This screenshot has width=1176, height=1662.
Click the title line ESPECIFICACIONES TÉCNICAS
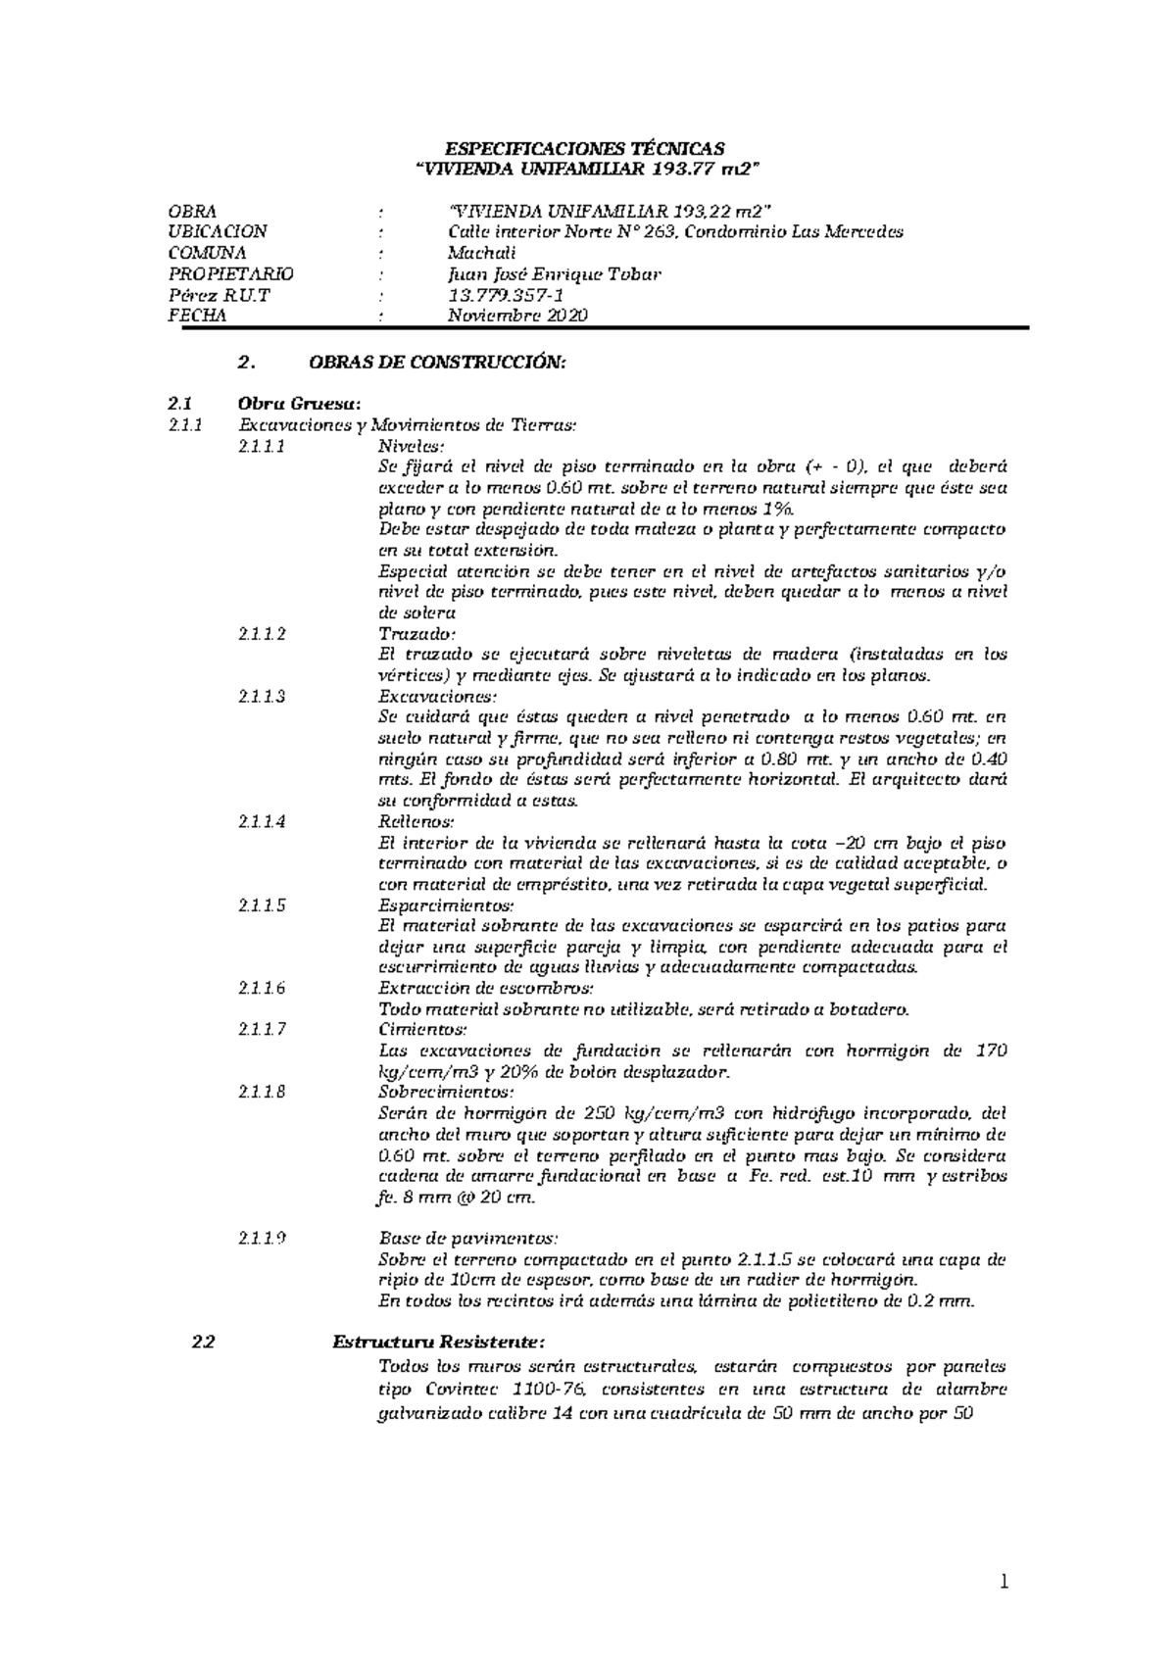[585, 149]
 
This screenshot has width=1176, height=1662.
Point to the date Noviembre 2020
[517, 316]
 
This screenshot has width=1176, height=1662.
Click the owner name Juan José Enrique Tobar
[554, 274]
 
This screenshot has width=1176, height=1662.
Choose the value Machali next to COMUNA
[481, 253]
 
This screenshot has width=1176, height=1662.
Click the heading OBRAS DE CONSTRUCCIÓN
[437, 363]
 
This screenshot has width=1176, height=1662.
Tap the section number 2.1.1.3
[262, 697]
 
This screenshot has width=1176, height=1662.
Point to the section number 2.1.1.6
[262, 988]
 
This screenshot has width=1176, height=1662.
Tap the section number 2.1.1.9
[262, 1239]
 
